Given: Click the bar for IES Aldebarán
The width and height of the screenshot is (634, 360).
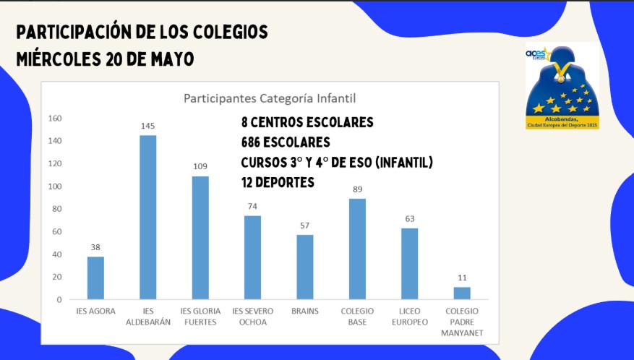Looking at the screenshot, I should coord(147,217).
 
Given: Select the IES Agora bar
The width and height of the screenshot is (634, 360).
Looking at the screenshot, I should coord(95,278).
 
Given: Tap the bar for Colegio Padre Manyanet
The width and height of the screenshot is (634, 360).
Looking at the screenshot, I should coord(461,293).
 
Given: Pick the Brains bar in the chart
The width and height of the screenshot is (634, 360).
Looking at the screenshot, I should coord(305,267).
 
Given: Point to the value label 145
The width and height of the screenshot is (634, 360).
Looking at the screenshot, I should coord(147,126).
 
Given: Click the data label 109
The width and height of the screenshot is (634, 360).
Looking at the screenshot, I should coord(200,166).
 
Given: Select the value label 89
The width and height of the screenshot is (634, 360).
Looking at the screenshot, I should coord(357,189).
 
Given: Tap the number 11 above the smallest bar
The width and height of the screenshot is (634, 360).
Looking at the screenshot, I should coord(461,278).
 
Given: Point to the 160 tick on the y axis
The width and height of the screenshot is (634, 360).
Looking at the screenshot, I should coord(55,118).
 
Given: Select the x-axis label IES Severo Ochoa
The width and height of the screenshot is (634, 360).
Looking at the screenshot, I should coord(252,317).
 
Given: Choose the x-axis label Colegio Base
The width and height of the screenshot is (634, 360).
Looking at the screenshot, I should coord(357,317).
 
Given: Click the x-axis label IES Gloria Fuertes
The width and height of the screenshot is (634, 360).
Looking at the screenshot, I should coord(200,317).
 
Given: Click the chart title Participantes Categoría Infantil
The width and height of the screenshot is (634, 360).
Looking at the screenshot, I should coord(270,98).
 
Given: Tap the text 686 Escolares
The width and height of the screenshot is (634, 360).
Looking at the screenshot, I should coord(286,142).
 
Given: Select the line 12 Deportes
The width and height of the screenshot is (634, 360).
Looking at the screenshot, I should coord(278,183).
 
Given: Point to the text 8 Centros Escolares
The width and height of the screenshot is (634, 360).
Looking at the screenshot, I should coord(307,122).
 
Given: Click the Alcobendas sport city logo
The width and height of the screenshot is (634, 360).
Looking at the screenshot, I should coord(562,87).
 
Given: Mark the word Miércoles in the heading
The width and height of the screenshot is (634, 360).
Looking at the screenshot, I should coord(58,59).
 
